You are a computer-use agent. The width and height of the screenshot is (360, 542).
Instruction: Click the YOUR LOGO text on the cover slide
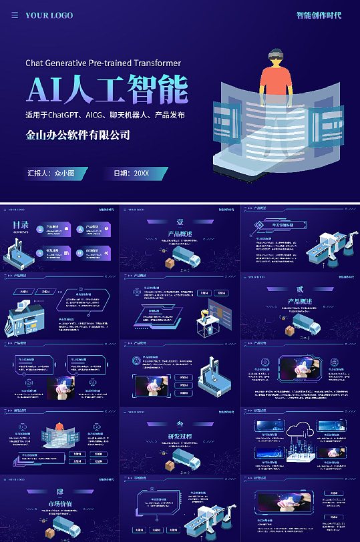(49, 15)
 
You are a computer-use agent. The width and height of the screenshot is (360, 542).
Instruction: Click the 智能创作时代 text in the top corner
(319, 15)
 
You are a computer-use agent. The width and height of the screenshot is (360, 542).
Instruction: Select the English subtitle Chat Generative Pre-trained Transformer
(103, 63)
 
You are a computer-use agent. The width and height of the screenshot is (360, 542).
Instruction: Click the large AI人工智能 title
(107, 89)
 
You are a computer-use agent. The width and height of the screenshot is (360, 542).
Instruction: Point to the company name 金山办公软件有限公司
(77, 135)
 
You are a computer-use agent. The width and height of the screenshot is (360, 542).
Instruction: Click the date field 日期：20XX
(132, 173)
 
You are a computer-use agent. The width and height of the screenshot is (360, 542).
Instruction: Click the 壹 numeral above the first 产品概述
(180, 222)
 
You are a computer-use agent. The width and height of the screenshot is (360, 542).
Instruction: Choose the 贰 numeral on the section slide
(300, 289)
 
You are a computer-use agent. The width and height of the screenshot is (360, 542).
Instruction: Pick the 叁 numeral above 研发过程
(180, 424)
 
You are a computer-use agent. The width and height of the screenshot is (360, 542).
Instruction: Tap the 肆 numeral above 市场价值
(59, 491)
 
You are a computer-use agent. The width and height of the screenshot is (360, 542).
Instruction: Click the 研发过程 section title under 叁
(180, 436)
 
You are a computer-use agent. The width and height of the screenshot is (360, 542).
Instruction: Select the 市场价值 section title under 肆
(59, 503)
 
